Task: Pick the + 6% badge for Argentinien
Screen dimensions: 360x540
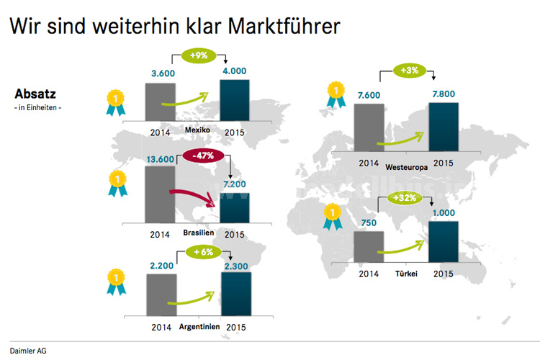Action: (202, 252)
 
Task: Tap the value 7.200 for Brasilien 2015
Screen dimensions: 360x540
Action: (235, 186)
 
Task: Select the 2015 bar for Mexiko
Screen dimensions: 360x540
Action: (235, 102)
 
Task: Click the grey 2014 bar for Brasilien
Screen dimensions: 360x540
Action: (160, 196)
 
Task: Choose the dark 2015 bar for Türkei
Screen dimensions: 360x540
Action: (443, 243)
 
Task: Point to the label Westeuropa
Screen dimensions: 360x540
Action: (406, 166)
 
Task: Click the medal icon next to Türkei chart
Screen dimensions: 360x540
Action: (333, 216)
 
